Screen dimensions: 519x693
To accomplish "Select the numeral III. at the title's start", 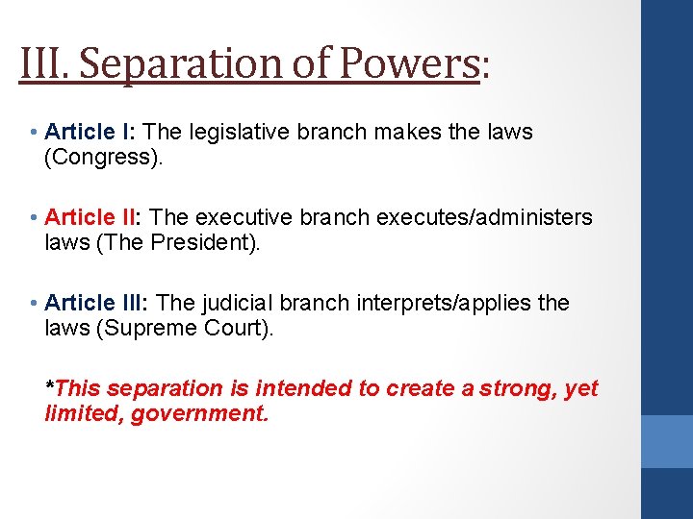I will coord(44,63).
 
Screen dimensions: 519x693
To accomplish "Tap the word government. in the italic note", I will coord(199,413).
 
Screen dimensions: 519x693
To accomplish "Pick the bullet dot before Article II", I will coord(34,218).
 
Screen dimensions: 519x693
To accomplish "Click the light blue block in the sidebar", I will coord(667,440).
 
